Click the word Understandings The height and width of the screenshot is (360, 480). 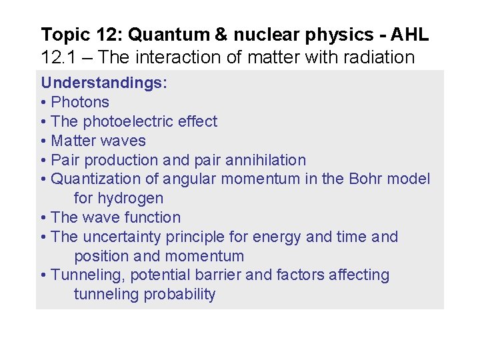point(103,83)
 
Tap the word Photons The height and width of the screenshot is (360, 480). point(80,103)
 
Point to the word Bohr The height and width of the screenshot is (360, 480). point(363,179)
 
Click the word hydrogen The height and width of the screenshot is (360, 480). point(130,199)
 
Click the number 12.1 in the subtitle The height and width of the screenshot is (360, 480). point(55,57)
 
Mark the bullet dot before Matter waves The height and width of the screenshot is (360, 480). point(43,141)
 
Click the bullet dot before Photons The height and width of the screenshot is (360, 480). point(43,103)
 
